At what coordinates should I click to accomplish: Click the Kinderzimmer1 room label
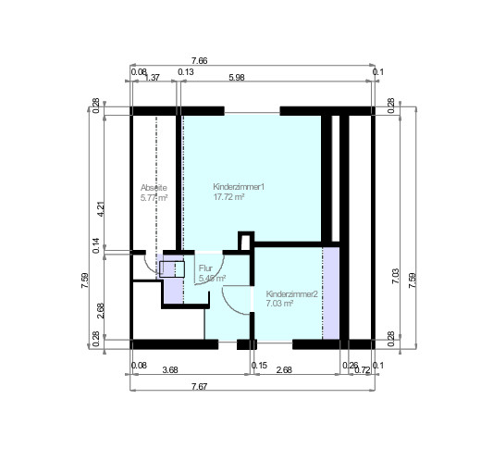[x=239, y=187]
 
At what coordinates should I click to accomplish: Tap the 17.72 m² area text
[x=228, y=197]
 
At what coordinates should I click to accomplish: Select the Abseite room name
[x=154, y=187]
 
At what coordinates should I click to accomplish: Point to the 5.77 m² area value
[x=154, y=197]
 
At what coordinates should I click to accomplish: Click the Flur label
[x=205, y=268]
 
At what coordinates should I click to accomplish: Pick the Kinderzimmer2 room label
[x=291, y=293]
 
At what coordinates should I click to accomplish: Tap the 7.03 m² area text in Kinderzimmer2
[x=279, y=303]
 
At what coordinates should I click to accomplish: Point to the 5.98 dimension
[x=236, y=79]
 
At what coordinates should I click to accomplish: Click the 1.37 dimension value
[x=154, y=79]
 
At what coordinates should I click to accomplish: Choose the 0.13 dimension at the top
[x=185, y=71]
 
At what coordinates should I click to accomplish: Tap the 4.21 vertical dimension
[x=100, y=209]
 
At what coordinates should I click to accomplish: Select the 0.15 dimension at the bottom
[x=259, y=366]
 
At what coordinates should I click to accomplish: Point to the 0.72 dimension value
[x=363, y=371]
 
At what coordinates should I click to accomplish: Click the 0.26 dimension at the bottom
[x=350, y=366]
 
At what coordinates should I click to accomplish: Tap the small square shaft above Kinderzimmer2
[x=245, y=241]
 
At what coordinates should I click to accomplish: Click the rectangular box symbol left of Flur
[x=172, y=269]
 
